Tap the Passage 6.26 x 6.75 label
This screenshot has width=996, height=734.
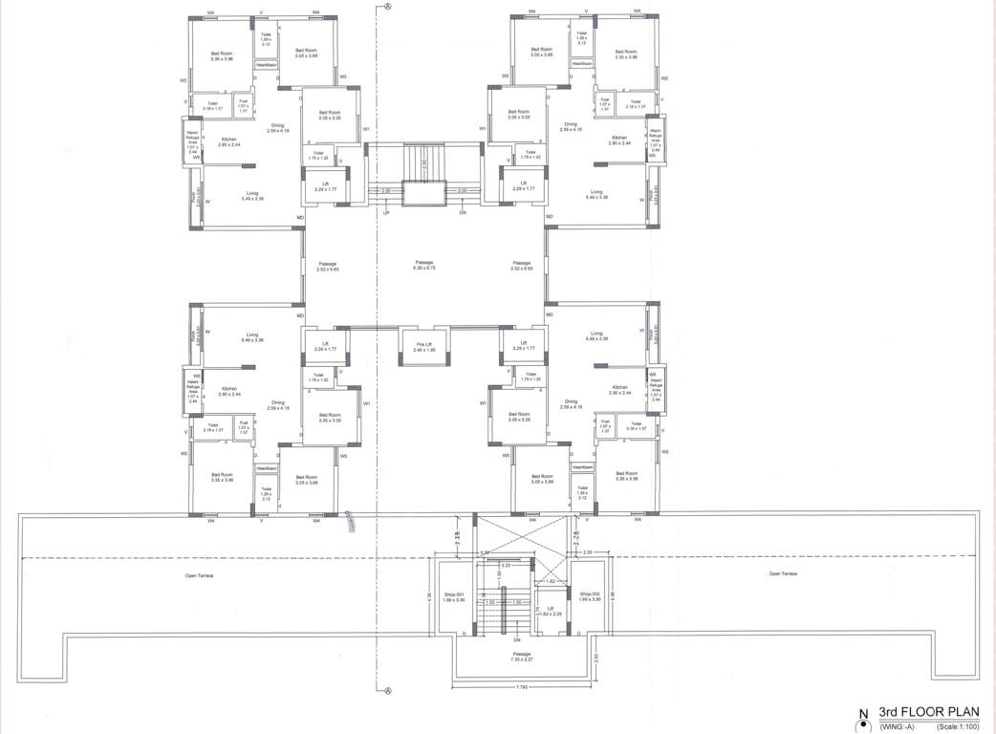(424, 267)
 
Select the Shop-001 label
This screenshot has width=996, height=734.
(453, 596)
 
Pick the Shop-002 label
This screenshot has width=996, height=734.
(591, 596)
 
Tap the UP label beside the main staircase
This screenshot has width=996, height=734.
(386, 212)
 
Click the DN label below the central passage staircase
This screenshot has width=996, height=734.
(462, 212)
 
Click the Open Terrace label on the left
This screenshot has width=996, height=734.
(199, 575)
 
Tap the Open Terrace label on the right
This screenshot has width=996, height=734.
(782, 573)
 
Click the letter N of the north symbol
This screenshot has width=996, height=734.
(862, 713)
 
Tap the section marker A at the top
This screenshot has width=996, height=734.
(388, 6)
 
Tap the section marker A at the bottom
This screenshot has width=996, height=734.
(388, 692)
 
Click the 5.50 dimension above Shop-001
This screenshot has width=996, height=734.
(485, 552)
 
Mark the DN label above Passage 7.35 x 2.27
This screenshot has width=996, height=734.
(516, 639)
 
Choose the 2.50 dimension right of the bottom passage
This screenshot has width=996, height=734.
(595, 658)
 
